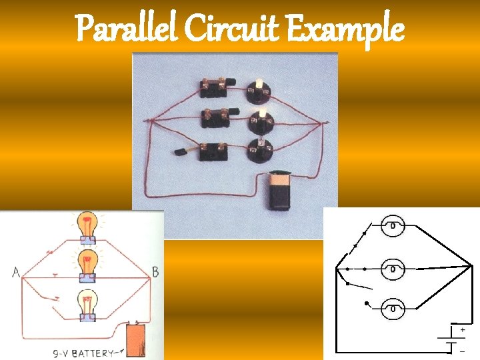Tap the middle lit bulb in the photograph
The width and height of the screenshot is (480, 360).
tap(259, 119)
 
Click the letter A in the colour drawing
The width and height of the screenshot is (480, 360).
tap(15, 272)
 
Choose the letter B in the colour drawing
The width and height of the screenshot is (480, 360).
tap(155, 271)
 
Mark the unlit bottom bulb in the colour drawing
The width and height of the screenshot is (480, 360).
tap(86, 303)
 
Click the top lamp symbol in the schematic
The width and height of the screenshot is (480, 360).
tap(393, 225)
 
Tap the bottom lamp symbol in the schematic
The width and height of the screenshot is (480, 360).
tap(393, 308)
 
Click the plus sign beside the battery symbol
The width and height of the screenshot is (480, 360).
tap(463, 329)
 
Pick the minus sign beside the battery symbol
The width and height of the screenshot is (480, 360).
tap(463, 350)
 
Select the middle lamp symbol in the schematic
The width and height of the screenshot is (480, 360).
tap(393, 269)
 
